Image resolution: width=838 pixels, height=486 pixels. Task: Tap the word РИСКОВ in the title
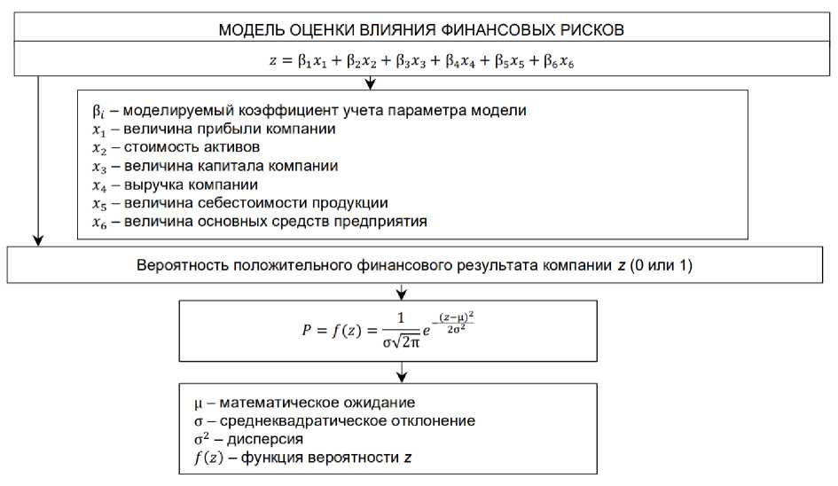tap(592, 29)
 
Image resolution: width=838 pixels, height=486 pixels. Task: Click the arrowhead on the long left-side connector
tap(37, 239)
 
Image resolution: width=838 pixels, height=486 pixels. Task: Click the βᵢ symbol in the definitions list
tap(99, 112)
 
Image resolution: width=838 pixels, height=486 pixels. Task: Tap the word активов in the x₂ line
tap(230, 148)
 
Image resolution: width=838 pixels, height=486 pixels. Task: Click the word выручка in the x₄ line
tap(152, 185)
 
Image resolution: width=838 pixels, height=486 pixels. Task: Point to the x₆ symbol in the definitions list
tap(100, 223)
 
